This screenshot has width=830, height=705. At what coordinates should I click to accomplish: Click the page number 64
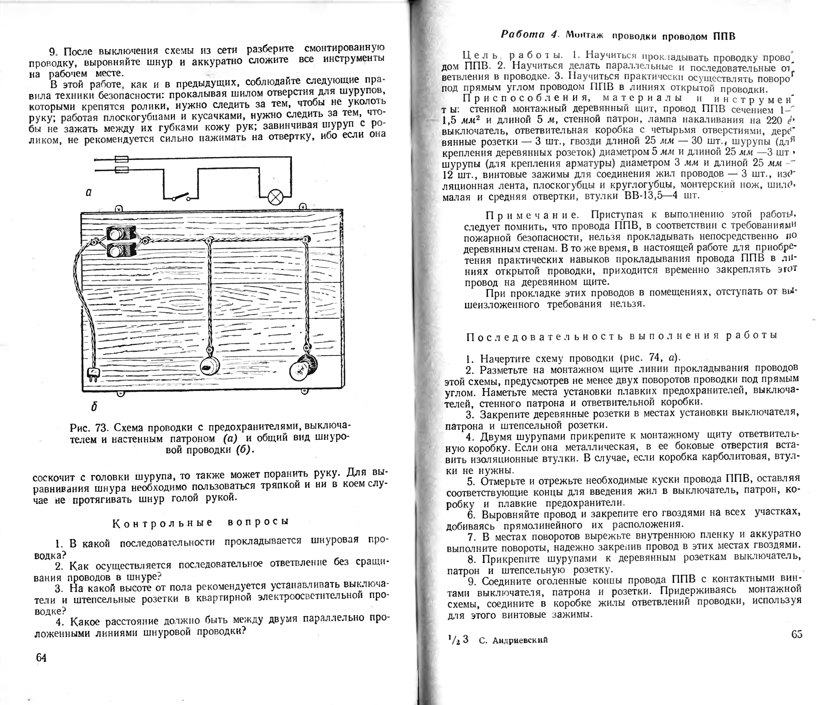pyautogui.click(x=41, y=657)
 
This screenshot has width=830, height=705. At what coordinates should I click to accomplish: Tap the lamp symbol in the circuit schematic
pyautogui.click(x=275, y=197)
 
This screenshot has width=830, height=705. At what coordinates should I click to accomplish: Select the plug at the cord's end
pyautogui.click(x=93, y=374)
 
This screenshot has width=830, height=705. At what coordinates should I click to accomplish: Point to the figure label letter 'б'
pyautogui.click(x=94, y=407)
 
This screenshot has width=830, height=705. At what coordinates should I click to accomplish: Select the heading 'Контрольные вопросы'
pyautogui.click(x=201, y=522)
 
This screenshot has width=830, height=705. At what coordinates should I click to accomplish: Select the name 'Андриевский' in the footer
pyautogui.click(x=520, y=640)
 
